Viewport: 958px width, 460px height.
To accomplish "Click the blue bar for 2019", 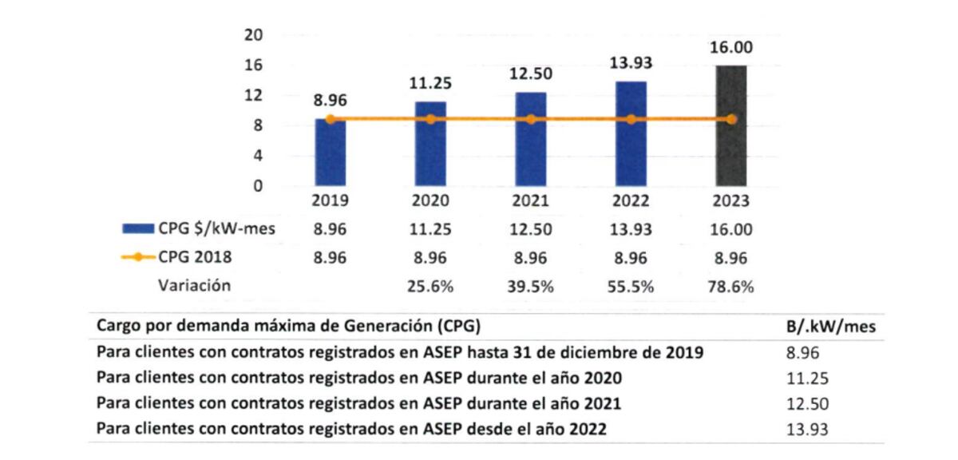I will (x=331, y=153).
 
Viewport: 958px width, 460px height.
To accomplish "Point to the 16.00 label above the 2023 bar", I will (x=731, y=49).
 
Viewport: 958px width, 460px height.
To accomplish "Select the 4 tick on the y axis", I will (x=258, y=156).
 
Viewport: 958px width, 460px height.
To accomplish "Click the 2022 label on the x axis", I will (x=631, y=201).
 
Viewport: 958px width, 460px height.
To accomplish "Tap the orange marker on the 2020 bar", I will (x=431, y=119).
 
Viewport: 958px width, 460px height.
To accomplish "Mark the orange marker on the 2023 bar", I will (x=731, y=119).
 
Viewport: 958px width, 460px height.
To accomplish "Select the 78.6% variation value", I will (x=731, y=287).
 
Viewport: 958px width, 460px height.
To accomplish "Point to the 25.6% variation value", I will (x=431, y=287).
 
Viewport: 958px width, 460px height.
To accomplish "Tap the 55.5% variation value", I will (x=631, y=287).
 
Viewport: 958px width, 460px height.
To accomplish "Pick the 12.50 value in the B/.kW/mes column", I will (x=806, y=403).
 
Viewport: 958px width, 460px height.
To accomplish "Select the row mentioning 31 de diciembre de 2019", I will (x=399, y=352).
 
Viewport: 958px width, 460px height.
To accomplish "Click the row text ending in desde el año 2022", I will (x=351, y=429).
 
